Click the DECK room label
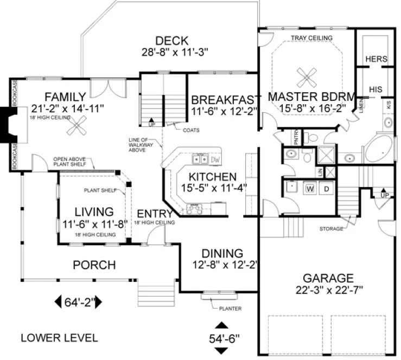coord(171,41)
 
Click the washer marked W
coord(311,189)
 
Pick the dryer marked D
coord(326,189)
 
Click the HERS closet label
coord(375,59)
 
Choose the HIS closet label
coord(375,89)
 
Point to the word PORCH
coord(95,265)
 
